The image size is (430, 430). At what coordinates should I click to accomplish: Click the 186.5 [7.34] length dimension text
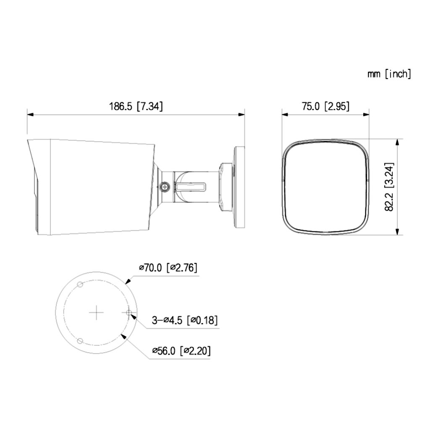pyautogui.click(x=136, y=106)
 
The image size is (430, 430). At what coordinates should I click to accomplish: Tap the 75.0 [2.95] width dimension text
pyautogui.click(x=326, y=106)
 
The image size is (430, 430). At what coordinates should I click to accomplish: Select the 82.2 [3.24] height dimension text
pyautogui.click(x=389, y=187)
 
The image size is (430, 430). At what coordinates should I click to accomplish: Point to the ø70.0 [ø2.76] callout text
pyautogui.click(x=168, y=267)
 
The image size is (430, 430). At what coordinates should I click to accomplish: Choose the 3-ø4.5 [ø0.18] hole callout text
pyautogui.click(x=185, y=320)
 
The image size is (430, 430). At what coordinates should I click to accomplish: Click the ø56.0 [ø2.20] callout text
pyautogui.click(x=181, y=351)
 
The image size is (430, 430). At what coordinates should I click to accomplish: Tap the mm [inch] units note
pyautogui.click(x=389, y=74)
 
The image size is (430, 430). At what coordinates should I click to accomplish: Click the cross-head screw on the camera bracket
pyautogui.click(x=165, y=187)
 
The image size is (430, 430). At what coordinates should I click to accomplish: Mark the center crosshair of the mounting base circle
pyautogui.click(x=96, y=312)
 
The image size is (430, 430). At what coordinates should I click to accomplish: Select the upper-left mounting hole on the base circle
pyautogui.click(x=80, y=284)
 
